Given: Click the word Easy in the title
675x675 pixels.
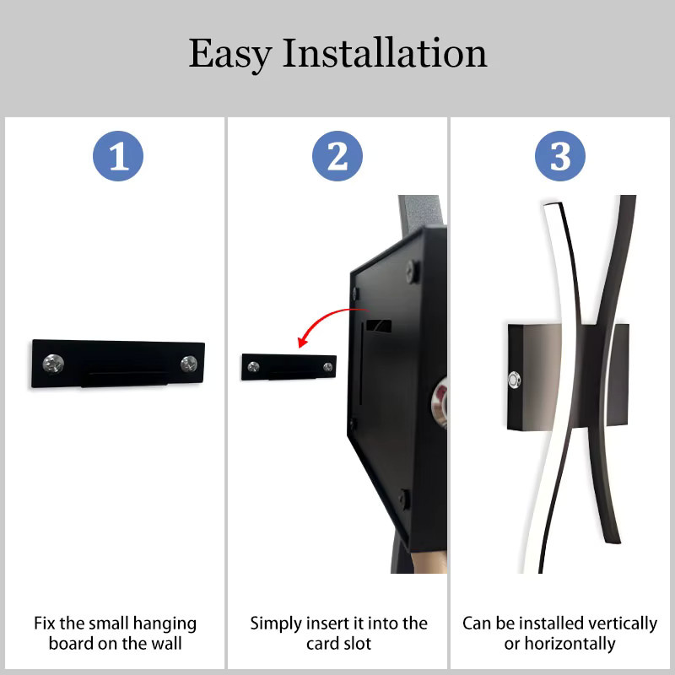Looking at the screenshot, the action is [x=230, y=55].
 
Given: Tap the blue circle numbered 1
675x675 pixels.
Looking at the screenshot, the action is [x=118, y=156].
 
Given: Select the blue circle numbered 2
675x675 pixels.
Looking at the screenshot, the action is [x=337, y=156].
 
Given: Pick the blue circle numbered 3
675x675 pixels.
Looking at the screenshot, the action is [x=560, y=156].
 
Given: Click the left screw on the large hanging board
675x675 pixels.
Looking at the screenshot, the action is [x=53, y=364].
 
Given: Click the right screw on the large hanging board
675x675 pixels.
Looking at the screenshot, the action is [x=189, y=364].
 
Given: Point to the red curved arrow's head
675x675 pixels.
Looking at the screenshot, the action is [x=303, y=342].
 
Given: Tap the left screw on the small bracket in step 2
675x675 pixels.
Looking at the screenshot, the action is [x=254, y=367].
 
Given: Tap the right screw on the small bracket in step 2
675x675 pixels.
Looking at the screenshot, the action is [x=328, y=367].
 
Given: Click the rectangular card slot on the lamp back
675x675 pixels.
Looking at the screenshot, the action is [x=379, y=326].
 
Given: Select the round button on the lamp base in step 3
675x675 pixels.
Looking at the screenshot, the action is [x=514, y=381].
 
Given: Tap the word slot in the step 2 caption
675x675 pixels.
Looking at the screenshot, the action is [x=357, y=644].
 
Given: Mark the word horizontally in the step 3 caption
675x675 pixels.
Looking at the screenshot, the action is [x=570, y=644].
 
